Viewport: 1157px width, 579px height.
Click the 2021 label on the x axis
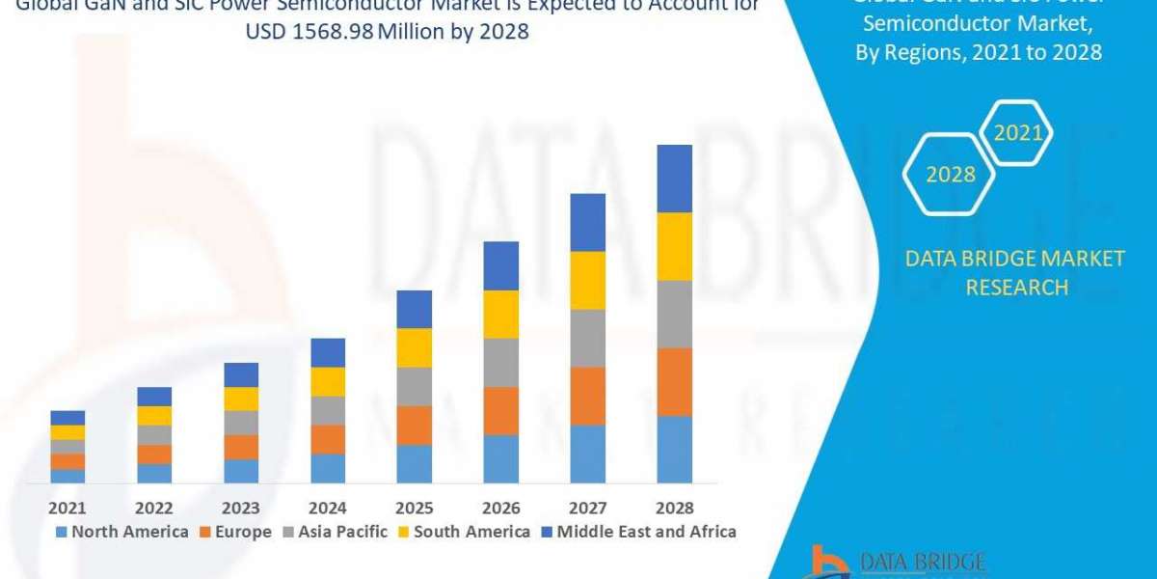click(67, 508)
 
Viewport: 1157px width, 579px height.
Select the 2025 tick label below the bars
click(415, 508)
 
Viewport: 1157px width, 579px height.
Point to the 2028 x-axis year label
click(674, 508)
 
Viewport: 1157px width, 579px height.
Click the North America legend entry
click(121, 532)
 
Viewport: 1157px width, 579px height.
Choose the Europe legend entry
click(236, 532)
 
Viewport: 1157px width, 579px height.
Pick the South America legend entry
click(464, 532)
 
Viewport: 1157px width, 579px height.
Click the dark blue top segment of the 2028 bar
click(674, 179)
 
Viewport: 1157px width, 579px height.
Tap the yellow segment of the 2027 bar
click(587, 280)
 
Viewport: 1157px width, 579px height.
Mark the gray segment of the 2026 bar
click(500, 362)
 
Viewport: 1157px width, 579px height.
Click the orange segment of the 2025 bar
click(415, 425)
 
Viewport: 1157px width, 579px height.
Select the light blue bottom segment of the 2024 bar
click(328, 468)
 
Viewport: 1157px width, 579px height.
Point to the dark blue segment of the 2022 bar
click(154, 396)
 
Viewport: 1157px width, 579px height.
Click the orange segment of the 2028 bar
click(674, 381)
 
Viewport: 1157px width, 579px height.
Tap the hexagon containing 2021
click(1018, 133)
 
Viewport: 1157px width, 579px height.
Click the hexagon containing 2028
click(950, 175)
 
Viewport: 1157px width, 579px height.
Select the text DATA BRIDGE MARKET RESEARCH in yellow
click(1016, 272)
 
